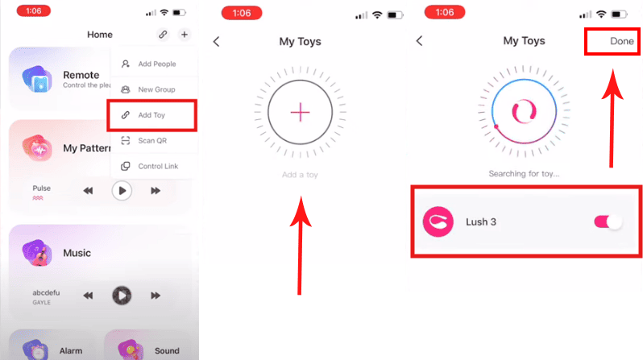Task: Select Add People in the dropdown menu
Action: pos(148,64)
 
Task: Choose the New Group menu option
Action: pos(148,89)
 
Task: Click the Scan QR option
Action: pos(144,141)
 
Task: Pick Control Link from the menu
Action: pos(149,166)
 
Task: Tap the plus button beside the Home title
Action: pos(185,35)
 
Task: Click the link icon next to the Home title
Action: pos(163,35)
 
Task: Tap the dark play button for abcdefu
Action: pos(122,296)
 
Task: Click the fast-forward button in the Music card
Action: pos(156,296)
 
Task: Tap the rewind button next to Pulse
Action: pos(88,191)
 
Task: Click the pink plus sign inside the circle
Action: pos(301,112)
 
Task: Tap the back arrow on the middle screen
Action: pos(217,41)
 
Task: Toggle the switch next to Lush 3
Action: pos(608,221)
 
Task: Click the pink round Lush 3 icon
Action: pos(438,221)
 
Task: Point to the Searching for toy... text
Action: pos(524,174)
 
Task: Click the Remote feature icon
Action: pos(37,79)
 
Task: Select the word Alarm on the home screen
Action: pos(71,351)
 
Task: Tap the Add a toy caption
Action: pos(300,175)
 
